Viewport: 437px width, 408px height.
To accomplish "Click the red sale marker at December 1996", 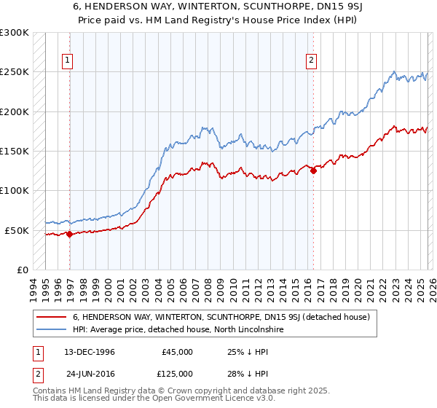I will [x=70, y=234].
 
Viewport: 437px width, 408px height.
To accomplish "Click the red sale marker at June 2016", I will [x=313, y=171].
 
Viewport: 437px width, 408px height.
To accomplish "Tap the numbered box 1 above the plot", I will [x=67, y=61].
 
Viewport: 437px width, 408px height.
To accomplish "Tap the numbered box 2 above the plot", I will [x=311, y=61].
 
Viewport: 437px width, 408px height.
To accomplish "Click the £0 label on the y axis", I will [x=22, y=270].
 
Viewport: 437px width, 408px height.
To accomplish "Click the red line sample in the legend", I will [x=52, y=317].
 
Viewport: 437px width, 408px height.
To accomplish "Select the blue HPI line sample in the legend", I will [x=52, y=330].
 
